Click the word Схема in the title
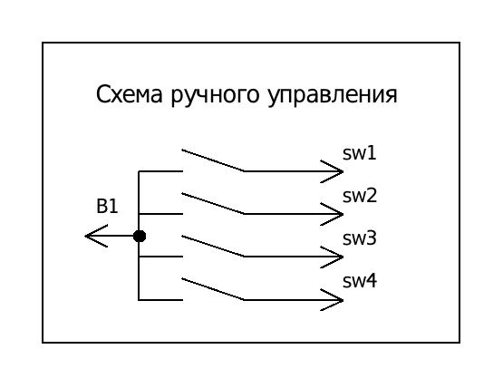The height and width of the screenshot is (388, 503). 130,94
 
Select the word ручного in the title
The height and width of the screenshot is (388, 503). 215,95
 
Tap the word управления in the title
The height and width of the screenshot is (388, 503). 333,95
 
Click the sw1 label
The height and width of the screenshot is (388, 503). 359,153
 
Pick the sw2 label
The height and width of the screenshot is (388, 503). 360,196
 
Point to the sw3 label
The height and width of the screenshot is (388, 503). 360,238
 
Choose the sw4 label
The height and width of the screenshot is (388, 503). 360,281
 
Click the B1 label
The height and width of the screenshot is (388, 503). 107,207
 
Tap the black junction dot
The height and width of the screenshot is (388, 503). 140,237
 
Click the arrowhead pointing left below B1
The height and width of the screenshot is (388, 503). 95,236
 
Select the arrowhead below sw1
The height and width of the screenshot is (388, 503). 332,171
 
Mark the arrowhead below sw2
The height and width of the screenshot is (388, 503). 332,214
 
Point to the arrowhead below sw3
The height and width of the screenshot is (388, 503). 332,257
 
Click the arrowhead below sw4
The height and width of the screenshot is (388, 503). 332,300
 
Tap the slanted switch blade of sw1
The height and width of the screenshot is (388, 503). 213,160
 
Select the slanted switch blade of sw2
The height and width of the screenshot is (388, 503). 213,203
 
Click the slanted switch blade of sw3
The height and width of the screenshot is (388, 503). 213,247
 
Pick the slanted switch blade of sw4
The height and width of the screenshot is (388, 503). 213,289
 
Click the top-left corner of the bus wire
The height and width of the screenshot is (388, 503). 139,171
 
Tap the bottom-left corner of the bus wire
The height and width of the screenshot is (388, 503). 139,300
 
